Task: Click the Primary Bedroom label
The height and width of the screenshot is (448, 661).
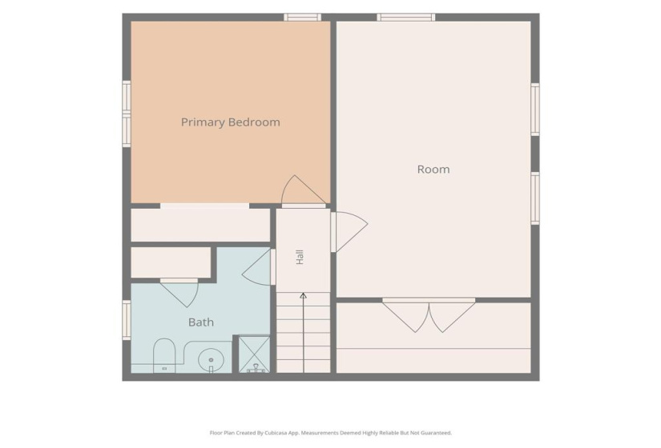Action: (x=230, y=122)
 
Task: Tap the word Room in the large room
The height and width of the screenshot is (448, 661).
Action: (x=433, y=170)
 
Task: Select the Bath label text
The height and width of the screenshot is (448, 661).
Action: (x=200, y=322)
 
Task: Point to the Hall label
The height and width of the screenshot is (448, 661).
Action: (x=300, y=257)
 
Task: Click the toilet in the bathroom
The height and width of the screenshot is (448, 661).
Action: (x=164, y=356)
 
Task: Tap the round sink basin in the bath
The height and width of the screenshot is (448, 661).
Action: (x=211, y=360)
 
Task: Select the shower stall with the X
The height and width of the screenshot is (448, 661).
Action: (x=254, y=354)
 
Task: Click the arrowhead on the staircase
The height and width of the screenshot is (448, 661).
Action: (x=303, y=296)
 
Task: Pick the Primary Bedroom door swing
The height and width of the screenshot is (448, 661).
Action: (x=303, y=191)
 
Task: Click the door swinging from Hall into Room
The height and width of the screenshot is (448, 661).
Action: (x=349, y=231)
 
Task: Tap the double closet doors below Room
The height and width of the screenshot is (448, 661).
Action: (x=429, y=315)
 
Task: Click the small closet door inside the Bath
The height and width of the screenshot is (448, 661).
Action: (x=180, y=292)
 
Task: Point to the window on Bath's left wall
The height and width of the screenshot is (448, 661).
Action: (x=127, y=320)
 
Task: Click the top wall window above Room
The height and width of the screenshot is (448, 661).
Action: (x=405, y=18)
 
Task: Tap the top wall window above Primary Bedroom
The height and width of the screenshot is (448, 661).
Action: (x=302, y=18)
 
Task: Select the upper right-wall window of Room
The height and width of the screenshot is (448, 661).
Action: (x=535, y=110)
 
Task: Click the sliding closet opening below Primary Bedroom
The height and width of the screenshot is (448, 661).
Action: (x=204, y=206)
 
